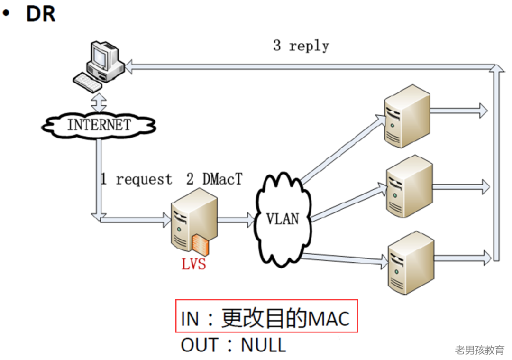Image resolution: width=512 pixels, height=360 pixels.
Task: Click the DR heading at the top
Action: tap(40, 14)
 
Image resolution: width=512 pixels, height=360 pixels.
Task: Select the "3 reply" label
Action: tap(301, 46)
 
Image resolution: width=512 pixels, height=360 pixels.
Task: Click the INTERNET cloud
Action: tap(99, 125)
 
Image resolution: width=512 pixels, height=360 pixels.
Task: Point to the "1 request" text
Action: tap(136, 180)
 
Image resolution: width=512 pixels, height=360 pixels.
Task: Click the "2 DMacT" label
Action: tap(214, 179)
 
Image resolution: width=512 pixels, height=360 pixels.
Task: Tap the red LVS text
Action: tap(194, 264)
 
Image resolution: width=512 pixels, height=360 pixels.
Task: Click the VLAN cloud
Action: tap(283, 219)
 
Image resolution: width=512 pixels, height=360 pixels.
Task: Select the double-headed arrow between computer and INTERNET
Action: tap(99, 101)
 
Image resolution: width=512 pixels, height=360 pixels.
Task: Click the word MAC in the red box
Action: tap(329, 319)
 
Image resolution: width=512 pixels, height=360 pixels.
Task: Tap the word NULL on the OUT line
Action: tap(264, 345)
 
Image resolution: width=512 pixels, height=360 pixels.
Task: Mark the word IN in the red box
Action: tap(190, 319)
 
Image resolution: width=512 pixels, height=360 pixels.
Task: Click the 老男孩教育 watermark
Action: tap(479, 351)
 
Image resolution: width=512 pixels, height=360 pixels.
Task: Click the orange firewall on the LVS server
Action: tap(200, 245)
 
